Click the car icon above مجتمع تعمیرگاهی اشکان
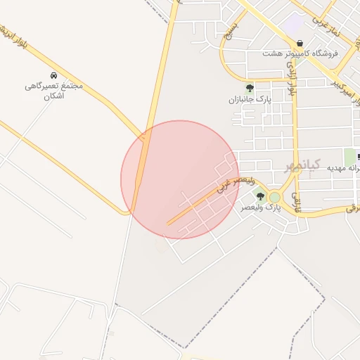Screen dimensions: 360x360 tap(53, 75)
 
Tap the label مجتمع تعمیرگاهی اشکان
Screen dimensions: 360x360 tap(53, 90)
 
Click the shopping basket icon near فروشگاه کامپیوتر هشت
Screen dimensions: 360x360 tap(300, 43)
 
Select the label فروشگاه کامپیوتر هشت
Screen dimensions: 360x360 tap(300, 53)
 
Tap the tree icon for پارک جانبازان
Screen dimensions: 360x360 tap(250, 88)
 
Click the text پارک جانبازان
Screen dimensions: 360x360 tap(250, 99)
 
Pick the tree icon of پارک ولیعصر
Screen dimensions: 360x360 tap(260, 197)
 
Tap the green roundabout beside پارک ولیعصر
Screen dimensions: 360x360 tap(274, 198)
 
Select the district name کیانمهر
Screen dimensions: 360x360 tap(302, 166)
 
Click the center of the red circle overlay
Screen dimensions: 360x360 tap(180, 179)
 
